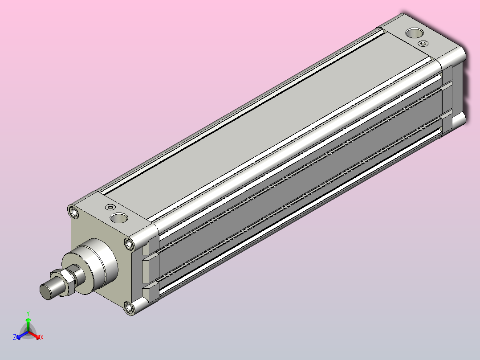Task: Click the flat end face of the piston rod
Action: click(x=46, y=292)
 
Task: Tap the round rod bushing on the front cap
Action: click(x=89, y=266)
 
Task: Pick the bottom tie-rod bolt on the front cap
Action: click(x=129, y=307)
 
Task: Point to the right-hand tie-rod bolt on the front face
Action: click(x=129, y=244)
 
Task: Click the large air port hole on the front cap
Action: click(x=119, y=218)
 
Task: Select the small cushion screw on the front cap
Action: click(x=110, y=208)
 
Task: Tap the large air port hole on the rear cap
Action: click(x=415, y=33)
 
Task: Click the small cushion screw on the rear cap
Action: click(x=423, y=44)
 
